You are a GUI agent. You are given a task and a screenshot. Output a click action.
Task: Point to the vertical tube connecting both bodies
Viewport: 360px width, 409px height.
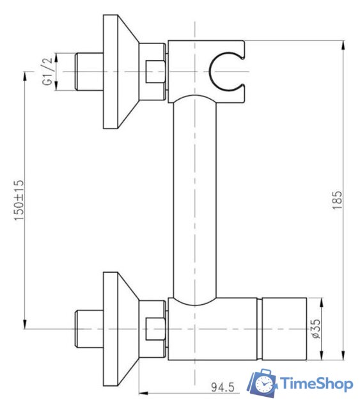194,198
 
